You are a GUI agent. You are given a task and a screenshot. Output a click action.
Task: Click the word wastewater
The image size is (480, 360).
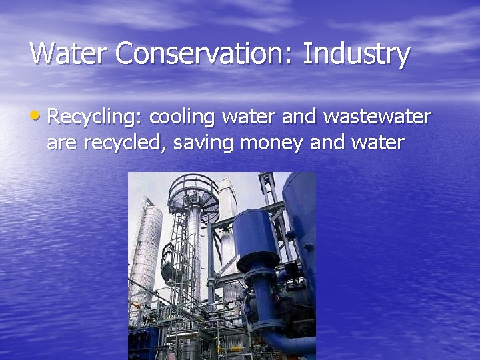(377, 118)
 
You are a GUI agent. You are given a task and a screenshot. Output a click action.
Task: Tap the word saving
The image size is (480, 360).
(198, 143)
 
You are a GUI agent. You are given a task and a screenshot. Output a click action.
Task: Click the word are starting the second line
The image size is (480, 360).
(61, 143)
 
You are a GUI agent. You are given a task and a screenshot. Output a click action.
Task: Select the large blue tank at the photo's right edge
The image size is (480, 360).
(301, 220)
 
